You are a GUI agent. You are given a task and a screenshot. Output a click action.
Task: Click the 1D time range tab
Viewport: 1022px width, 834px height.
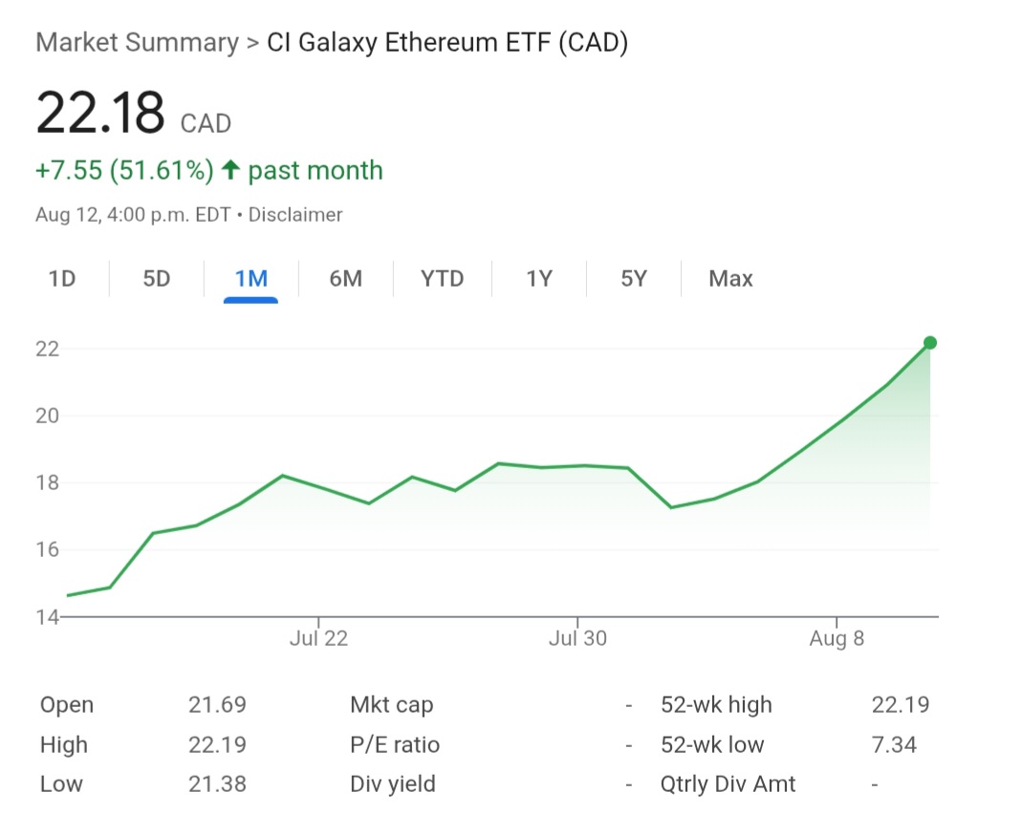coord(62,279)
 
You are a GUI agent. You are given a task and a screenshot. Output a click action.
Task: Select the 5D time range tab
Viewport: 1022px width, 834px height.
coord(156,279)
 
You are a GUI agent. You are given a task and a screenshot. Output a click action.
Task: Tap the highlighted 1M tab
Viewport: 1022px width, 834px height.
coord(250,279)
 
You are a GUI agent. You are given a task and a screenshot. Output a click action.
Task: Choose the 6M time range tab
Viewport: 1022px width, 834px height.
coord(345,279)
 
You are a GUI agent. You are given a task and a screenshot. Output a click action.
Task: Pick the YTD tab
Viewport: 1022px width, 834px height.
coord(442,279)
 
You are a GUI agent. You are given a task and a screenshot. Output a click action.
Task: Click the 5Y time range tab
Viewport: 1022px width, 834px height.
coord(633,279)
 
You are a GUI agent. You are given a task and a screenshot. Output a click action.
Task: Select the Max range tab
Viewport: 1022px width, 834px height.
coord(730,279)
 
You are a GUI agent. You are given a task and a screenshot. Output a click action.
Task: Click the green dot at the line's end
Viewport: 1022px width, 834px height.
coord(930,343)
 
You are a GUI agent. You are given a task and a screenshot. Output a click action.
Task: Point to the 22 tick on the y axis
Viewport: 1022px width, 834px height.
coord(48,349)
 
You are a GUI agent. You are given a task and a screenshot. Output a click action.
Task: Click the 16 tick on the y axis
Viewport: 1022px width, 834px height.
coord(48,549)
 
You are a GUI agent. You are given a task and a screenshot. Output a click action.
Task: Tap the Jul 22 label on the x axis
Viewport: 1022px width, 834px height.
coord(318,639)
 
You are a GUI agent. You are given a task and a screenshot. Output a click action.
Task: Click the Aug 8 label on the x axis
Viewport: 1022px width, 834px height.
coord(837,639)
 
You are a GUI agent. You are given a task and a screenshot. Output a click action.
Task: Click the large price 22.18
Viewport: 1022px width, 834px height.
coord(100,113)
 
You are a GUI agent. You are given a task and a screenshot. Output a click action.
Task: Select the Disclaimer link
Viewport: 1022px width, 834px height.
coord(295,215)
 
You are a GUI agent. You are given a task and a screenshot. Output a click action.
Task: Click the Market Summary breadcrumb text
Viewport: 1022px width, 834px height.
coord(137,43)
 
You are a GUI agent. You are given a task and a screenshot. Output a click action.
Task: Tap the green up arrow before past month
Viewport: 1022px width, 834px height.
coord(229,171)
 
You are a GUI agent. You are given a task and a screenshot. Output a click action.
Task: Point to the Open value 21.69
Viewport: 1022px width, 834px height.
coord(217,705)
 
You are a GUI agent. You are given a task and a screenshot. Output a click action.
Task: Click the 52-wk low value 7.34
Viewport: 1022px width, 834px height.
coord(894,745)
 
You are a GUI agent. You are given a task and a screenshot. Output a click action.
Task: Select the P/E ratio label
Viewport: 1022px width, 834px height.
coord(395,745)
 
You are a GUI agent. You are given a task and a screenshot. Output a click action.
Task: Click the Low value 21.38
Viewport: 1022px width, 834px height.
coord(217,784)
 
